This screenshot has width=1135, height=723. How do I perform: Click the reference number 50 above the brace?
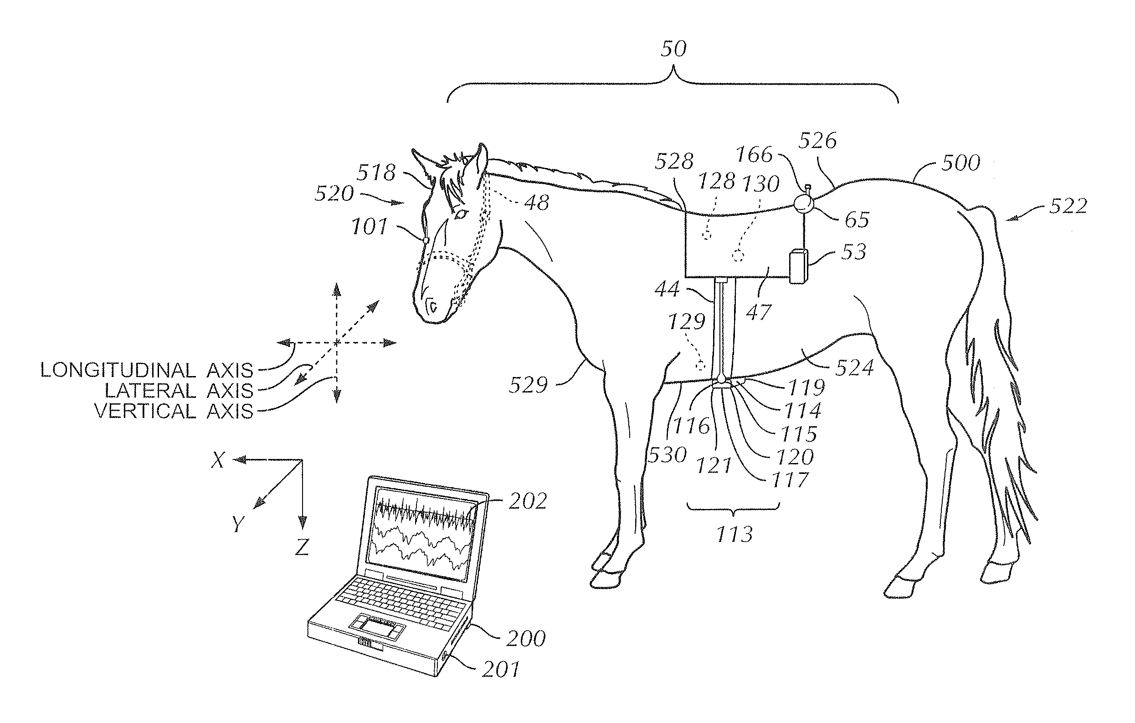coord(673,49)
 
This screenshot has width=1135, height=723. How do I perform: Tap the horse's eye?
coord(460,214)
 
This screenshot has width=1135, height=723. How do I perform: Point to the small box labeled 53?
coord(798,267)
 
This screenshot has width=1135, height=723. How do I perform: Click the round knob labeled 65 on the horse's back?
coord(804,204)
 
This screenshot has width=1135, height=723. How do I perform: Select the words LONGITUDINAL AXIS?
coord(147,370)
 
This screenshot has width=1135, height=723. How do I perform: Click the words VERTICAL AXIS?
coord(174,411)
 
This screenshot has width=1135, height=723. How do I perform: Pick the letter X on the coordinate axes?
coord(218,460)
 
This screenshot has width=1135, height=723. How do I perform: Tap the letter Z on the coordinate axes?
coord(302,547)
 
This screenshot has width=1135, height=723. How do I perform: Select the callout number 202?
coord(528,502)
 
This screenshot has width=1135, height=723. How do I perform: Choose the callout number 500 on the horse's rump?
coord(960,163)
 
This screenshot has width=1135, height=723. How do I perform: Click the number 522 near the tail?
coord(1068,206)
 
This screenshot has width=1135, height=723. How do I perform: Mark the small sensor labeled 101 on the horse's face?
coord(426,240)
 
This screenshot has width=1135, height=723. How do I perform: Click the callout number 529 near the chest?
coord(528,385)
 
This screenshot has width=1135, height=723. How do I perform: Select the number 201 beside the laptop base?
coord(501,669)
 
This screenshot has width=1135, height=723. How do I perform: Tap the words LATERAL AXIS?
coord(179,391)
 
